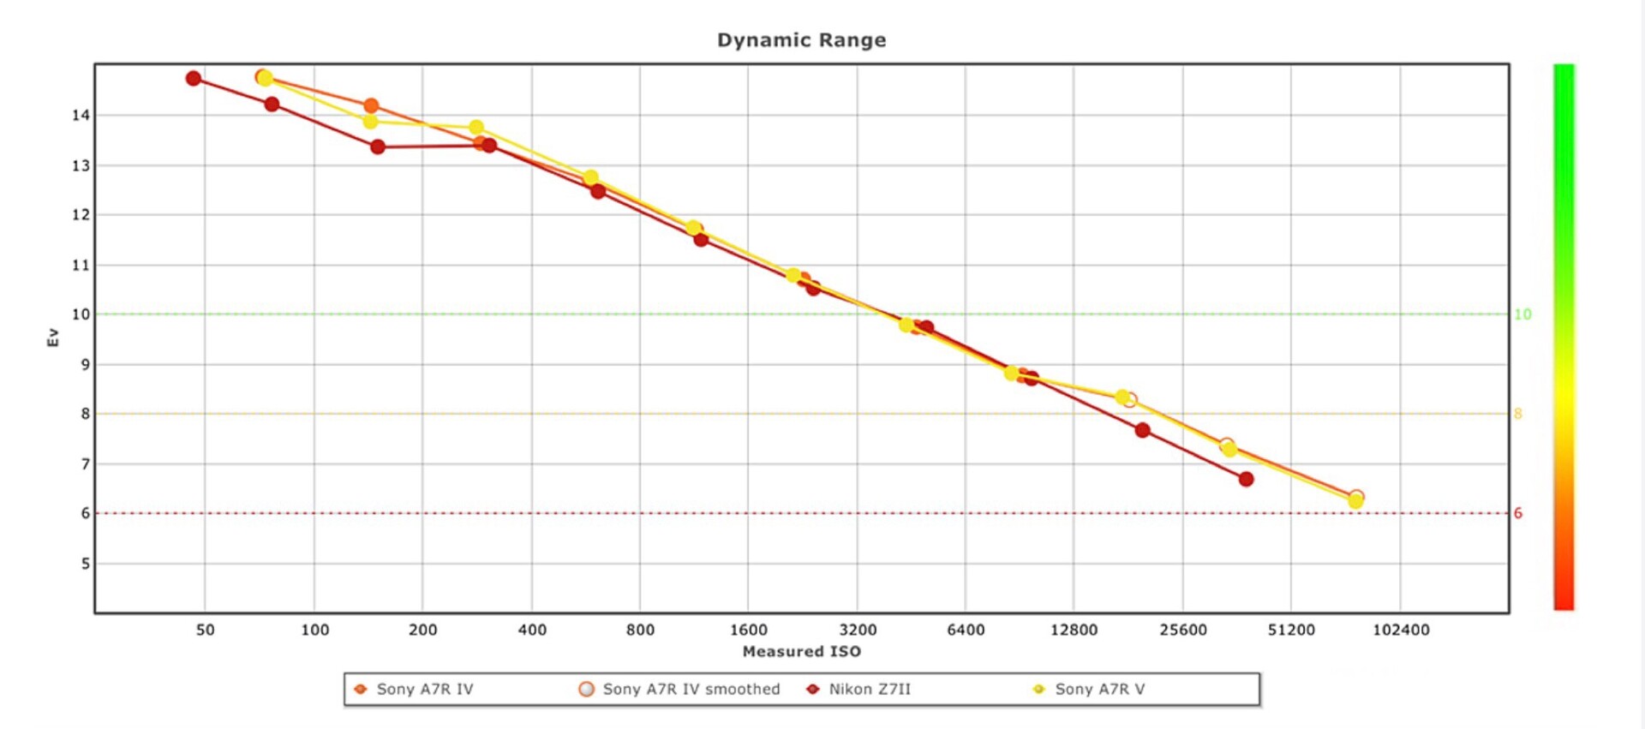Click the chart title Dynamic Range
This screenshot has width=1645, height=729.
(801, 40)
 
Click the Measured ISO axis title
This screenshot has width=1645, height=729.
(801, 652)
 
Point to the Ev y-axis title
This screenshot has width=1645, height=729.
(53, 338)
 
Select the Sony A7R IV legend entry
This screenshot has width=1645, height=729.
(424, 690)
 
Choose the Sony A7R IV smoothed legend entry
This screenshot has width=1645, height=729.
(691, 690)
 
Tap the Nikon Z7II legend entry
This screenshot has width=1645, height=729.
(869, 690)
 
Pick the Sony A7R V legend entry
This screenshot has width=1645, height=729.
(1099, 690)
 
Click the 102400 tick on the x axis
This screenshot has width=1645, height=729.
(1401, 630)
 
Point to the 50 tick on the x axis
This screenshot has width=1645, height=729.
(206, 630)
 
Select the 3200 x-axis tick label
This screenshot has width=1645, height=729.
(858, 630)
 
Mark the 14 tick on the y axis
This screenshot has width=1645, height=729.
(81, 116)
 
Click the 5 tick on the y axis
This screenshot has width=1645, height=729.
(85, 565)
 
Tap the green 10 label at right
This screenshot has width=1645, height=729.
(1522, 314)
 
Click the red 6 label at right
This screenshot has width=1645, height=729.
(1518, 514)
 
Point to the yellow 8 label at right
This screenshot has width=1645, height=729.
(1518, 415)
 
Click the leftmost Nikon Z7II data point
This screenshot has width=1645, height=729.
(194, 79)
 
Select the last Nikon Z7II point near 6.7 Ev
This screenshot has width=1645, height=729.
(1246, 480)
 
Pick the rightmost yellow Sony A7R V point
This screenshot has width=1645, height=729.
(1355, 502)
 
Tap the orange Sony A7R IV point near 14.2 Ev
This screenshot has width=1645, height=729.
(371, 106)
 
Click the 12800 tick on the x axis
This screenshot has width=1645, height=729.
(1074, 630)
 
